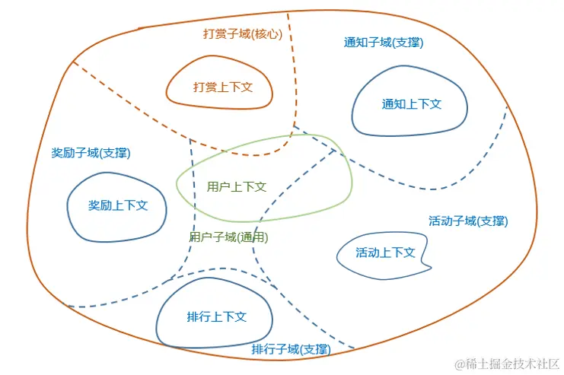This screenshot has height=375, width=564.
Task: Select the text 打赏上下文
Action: tap(222, 87)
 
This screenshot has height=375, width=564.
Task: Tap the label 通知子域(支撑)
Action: tap(384, 43)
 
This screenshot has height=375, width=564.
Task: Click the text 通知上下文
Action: tap(412, 104)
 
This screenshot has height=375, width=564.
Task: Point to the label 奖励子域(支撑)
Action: tap(91, 153)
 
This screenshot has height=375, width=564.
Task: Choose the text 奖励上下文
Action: tap(118, 205)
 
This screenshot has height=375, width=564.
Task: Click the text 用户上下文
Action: tap(237, 186)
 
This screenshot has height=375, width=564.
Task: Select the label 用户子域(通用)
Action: tap(228, 237)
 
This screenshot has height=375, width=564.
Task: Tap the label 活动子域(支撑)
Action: tap(468, 221)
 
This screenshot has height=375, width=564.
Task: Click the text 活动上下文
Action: tap(385, 253)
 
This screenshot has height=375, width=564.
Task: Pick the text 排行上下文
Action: tap(217, 316)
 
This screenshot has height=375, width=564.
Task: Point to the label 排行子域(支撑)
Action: tap(291, 349)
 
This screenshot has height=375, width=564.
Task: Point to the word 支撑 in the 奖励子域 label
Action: tap(115, 153)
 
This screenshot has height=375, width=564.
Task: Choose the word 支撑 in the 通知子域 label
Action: tap(407, 43)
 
